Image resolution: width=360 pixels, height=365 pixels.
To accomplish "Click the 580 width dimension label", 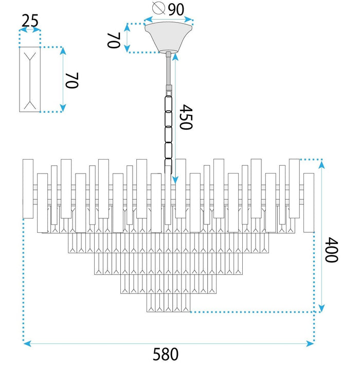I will pos(166,355).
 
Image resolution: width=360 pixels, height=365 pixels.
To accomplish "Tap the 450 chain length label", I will pos(186,117).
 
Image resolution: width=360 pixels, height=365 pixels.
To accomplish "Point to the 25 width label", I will pos(30,21).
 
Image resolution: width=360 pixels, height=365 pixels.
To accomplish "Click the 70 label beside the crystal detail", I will pos(71,80).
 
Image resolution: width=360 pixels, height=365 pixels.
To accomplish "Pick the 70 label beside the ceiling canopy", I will pos(114,40).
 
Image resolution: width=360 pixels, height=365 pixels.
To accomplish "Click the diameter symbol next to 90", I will pos(158,9).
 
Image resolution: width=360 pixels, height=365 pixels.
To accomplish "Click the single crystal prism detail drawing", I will pos(30,79).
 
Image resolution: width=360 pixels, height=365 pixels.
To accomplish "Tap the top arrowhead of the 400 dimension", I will pos(322,164).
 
